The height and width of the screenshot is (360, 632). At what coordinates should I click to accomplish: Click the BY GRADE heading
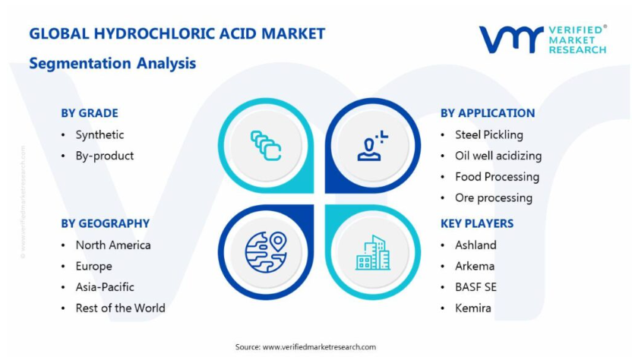click(x=90, y=113)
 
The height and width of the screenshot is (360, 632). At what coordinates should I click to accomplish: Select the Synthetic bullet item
click(x=100, y=134)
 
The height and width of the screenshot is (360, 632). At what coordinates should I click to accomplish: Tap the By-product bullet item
click(x=104, y=156)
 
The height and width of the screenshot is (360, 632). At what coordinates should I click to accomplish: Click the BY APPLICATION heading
click(x=488, y=113)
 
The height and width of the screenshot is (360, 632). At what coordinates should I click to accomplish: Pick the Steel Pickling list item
click(x=489, y=134)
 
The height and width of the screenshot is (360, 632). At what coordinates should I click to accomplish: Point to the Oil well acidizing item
click(x=498, y=156)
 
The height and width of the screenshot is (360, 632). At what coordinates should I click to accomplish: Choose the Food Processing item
click(x=497, y=176)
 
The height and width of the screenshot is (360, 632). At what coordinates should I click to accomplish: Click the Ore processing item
click(x=494, y=197)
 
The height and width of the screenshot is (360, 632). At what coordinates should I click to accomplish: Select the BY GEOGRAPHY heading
click(x=105, y=223)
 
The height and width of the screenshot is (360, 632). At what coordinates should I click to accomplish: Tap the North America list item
click(x=113, y=245)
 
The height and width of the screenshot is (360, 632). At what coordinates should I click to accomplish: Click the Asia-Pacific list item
click(x=105, y=287)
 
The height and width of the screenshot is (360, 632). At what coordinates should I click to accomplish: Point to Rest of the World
click(x=121, y=308)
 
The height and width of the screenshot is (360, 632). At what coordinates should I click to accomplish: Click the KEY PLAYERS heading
click(x=477, y=223)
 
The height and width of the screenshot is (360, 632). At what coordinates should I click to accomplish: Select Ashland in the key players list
click(x=476, y=245)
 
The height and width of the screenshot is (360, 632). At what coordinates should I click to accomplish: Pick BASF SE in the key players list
click(x=476, y=287)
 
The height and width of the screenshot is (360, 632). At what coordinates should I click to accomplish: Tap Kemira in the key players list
click(x=473, y=308)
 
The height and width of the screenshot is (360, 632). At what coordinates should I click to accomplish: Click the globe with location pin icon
click(x=266, y=252)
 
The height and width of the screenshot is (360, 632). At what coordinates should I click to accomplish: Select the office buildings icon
click(x=373, y=252)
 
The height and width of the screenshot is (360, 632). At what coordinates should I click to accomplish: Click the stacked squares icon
click(x=266, y=146)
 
